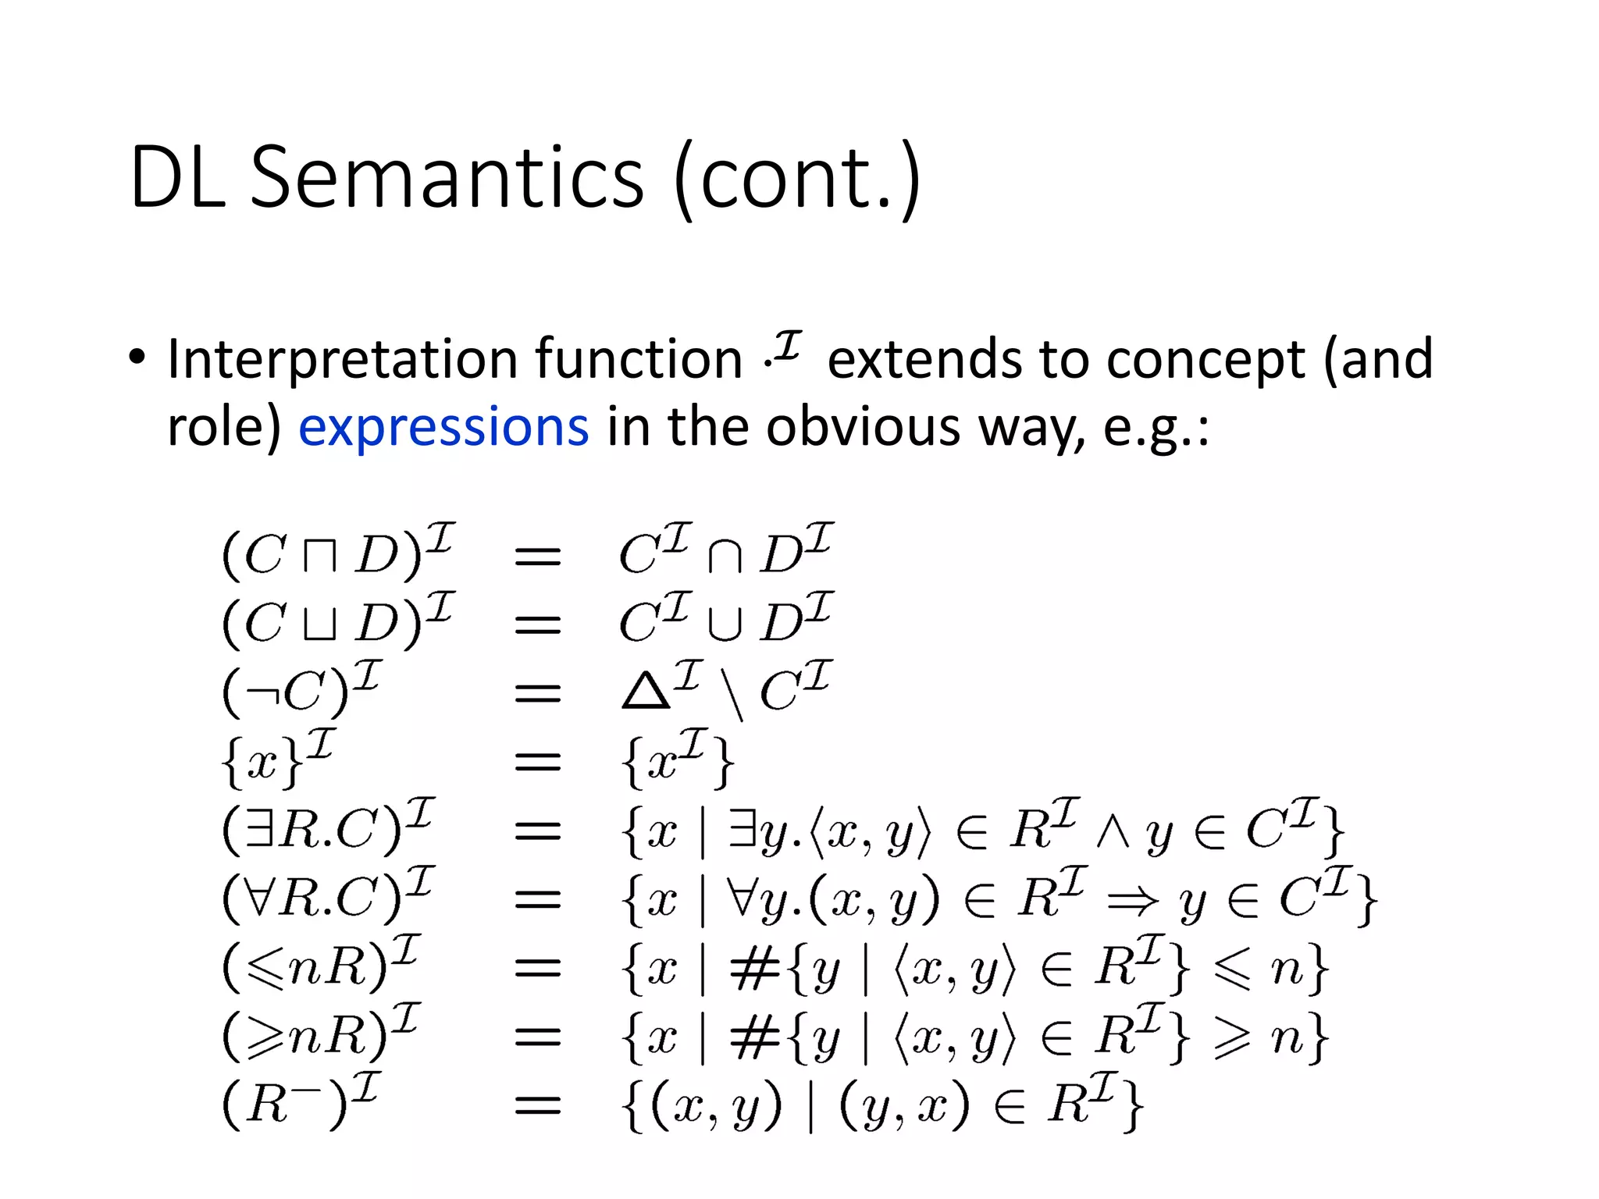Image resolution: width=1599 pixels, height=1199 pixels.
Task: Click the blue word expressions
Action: click(443, 427)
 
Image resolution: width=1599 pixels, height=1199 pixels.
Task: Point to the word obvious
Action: click(862, 427)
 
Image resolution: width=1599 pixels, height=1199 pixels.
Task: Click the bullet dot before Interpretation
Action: click(137, 358)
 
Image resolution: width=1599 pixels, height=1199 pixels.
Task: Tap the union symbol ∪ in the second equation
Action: click(724, 625)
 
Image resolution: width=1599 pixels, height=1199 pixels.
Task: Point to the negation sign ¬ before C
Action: click(263, 692)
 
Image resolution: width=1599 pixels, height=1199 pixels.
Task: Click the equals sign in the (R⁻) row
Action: click(538, 1105)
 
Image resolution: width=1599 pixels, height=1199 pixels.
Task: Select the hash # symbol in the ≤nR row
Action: click(754, 970)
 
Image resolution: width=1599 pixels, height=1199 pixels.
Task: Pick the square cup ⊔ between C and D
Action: click(319, 625)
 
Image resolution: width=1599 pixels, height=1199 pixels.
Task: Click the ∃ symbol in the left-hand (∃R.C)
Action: click(260, 830)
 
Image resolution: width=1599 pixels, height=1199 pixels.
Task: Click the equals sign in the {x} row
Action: click(538, 761)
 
